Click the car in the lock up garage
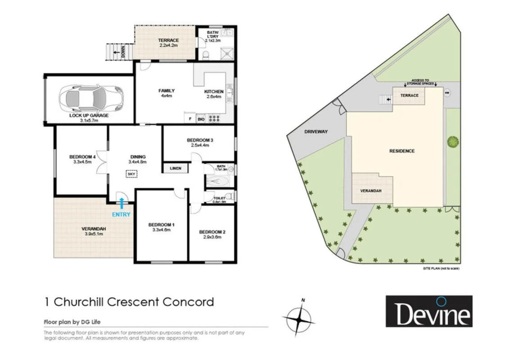pos(89,98)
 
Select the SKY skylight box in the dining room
pos(131,174)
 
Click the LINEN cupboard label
pos(175,168)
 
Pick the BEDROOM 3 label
pos(200,140)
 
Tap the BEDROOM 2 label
pos(212,232)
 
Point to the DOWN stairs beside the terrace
pos(116,52)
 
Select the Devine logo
pos(429,311)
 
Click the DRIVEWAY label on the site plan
pos(316,132)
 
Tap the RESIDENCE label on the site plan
pos(402,151)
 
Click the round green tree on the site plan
pos(453,142)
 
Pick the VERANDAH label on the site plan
pos(371,191)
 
